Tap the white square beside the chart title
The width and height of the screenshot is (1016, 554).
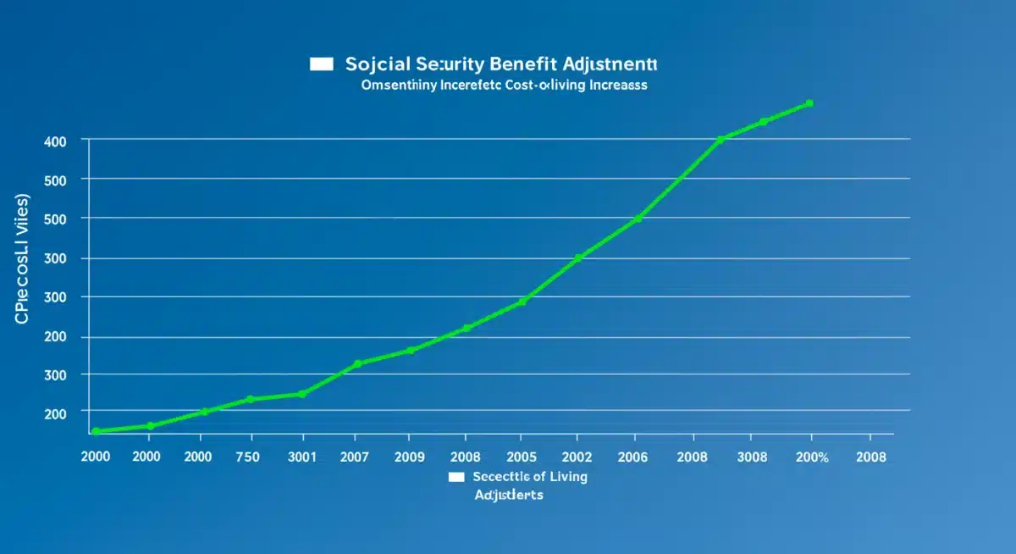point(321,64)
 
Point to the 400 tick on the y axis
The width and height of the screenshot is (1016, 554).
point(54,141)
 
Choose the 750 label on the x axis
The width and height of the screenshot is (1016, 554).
point(249,457)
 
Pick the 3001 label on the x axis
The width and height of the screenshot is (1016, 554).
point(301,457)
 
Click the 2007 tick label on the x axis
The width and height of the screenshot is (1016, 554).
point(356,457)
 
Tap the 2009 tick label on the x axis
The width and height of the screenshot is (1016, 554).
point(410,457)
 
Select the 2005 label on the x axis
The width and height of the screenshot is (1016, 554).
point(521,457)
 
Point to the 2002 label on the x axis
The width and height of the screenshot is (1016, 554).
point(577,457)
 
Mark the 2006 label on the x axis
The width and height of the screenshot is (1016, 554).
point(632,457)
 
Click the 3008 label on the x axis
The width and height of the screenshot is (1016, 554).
point(753,457)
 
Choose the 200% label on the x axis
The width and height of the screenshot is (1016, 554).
point(811,457)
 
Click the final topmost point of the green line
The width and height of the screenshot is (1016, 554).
point(809,103)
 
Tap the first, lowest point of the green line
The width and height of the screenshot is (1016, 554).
point(96,431)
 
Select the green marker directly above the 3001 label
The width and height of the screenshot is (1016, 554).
point(301,394)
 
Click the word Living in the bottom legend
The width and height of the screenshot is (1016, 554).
point(568,477)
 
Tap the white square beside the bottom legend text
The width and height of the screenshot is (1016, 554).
point(457,477)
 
